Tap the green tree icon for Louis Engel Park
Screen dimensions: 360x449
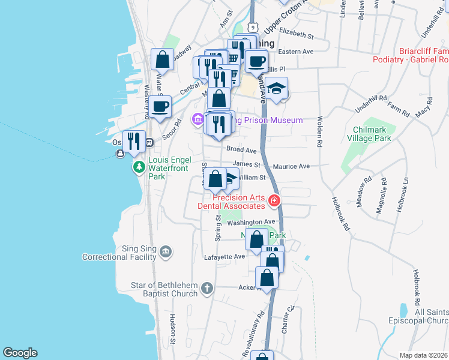coord(139,166)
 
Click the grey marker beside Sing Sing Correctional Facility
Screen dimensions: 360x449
coord(166,252)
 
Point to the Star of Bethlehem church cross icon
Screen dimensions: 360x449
coord(206,289)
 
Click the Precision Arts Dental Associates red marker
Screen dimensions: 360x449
coord(274,200)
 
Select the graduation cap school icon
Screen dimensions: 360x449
coord(276,88)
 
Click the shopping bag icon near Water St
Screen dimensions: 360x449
coord(162,59)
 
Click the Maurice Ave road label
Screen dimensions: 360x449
coord(291,166)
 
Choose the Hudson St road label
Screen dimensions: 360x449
coord(172,324)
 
